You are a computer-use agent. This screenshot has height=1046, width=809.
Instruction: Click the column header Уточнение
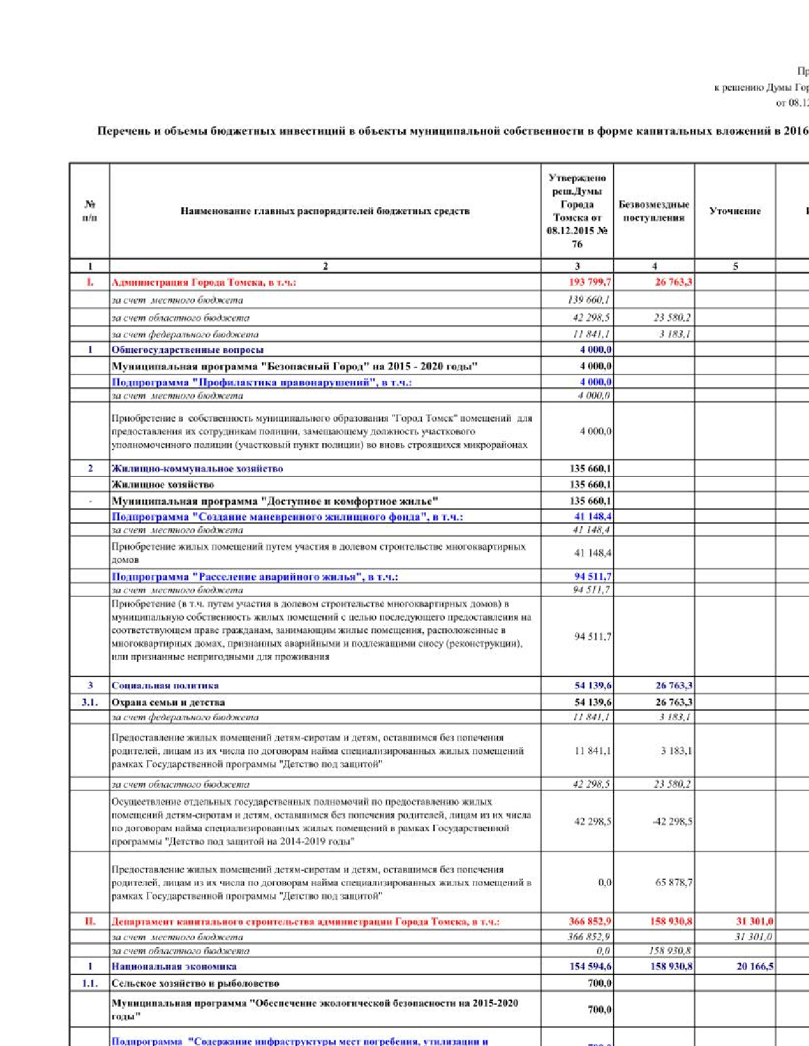pos(735,211)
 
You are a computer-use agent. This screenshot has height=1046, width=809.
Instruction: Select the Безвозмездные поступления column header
pos(654,211)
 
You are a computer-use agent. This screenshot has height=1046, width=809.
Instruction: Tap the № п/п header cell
pos(90,211)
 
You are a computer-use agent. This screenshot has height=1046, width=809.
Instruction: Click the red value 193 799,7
pos(590,282)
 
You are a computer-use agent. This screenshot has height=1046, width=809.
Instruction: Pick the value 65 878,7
pos(674,882)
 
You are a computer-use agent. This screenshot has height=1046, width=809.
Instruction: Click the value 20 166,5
pos(754,966)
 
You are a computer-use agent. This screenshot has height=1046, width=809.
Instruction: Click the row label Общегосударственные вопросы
pos(187,350)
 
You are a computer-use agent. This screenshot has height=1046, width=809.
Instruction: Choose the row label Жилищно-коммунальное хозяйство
pos(197,468)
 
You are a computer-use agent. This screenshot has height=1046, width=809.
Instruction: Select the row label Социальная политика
pos(165,685)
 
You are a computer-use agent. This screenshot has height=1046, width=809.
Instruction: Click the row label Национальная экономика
pos(174,966)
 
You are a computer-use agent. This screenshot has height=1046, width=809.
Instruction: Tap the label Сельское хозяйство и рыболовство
pos(195,983)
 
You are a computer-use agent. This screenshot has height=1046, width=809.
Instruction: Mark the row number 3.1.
pos(90,702)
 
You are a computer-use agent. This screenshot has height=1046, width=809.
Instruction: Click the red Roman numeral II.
pos(90,921)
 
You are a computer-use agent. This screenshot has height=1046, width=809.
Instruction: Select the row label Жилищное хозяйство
pos(162,484)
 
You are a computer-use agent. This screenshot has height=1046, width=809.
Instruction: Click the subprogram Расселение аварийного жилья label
pos(254,577)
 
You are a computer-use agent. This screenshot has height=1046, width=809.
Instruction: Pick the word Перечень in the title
pos(123,131)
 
